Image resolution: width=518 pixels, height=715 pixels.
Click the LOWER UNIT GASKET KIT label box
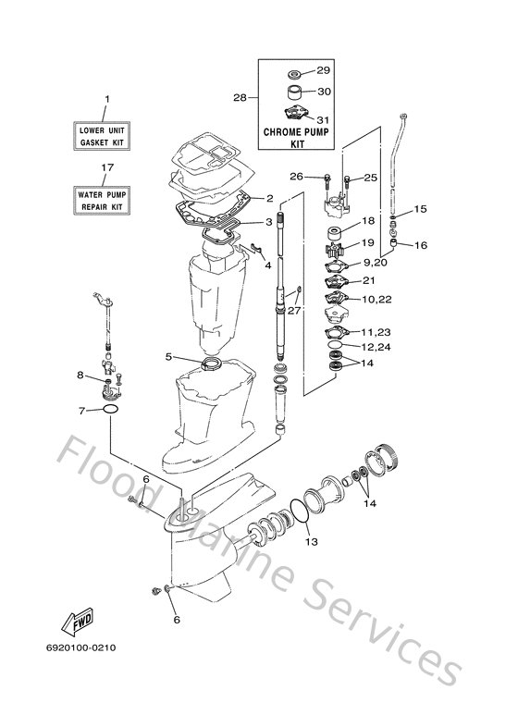[102, 136]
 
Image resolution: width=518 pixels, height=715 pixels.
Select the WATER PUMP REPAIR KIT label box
[102, 200]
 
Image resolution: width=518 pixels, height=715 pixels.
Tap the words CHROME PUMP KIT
[296, 138]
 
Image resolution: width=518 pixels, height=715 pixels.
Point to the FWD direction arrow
[78, 622]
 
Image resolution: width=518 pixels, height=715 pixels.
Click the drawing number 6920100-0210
[80, 647]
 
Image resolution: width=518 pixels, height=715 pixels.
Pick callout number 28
[240, 97]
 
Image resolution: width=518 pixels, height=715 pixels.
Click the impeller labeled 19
[334, 251]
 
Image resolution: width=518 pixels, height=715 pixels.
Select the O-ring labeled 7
[110, 409]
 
